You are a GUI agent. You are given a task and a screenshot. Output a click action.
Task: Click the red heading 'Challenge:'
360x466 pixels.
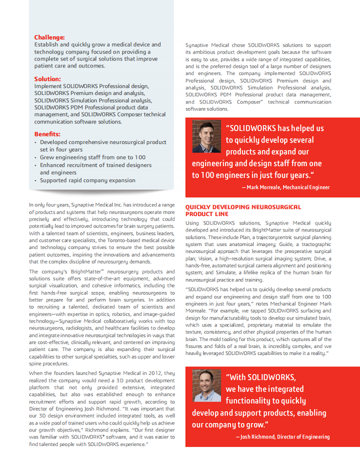(x=49, y=37)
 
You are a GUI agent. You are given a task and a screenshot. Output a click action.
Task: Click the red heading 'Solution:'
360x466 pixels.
(x=47, y=79)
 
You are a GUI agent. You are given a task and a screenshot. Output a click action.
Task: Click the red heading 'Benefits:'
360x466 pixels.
(x=47, y=134)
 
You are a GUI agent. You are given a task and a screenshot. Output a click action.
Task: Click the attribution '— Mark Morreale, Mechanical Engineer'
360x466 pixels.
(x=285, y=187)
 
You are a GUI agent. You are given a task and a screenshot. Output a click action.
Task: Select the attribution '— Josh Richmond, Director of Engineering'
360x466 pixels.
(x=282, y=437)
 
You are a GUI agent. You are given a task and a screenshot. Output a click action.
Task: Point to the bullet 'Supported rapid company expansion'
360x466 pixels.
(x=87, y=180)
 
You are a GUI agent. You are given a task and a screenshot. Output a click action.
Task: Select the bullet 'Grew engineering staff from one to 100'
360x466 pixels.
(x=93, y=157)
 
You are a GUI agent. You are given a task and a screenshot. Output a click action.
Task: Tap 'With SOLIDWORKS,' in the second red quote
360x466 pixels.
(x=260, y=377)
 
